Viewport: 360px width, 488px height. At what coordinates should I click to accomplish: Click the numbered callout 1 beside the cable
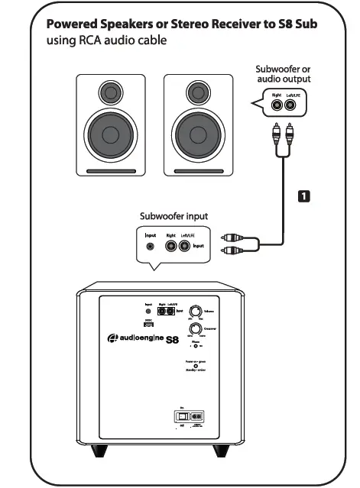click(x=303, y=196)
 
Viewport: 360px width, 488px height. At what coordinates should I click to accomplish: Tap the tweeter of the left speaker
click(x=111, y=94)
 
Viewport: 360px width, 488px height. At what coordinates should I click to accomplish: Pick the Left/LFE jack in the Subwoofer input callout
click(x=184, y=246)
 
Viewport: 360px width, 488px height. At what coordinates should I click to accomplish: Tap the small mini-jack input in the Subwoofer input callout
click(x=151, y=247)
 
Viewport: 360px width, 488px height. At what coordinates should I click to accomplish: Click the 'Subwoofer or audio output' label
click(x=283, y=74)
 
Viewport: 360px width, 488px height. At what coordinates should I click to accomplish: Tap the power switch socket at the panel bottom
click(x=190, y=416)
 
